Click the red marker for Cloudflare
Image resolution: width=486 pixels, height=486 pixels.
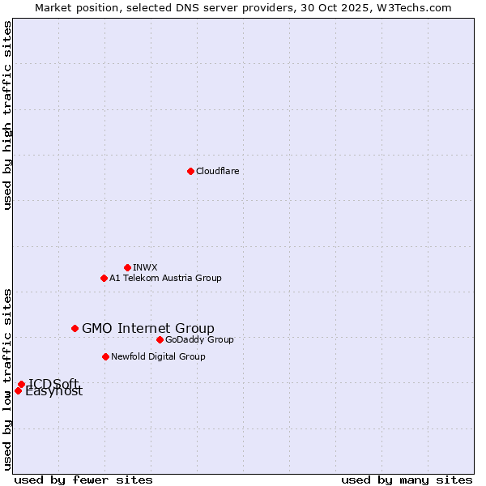[190, 171]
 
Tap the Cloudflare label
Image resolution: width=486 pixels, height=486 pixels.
[217, 171]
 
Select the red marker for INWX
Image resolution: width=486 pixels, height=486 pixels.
[127, 267]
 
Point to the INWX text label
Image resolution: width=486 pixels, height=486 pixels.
[145, 267]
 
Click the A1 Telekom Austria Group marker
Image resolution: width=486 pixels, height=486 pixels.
[104, 278]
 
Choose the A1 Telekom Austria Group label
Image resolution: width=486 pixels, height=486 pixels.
[165, 278]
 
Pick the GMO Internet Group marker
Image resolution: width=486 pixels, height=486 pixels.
[75, 328]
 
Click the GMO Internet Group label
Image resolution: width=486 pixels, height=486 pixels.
[148, 328]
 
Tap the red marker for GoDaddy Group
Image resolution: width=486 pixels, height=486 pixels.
[160, 339]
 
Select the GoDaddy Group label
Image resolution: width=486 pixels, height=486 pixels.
[199, 339]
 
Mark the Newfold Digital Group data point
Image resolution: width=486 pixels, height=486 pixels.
[105, 356]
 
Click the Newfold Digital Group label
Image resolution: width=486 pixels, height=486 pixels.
[158, 356]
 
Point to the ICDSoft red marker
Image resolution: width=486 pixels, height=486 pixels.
[21, 384]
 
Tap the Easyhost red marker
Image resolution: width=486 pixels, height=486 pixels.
[18, 390]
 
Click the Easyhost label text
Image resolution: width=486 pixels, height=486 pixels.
[54, 392]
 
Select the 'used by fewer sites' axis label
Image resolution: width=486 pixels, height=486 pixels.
[83, 480]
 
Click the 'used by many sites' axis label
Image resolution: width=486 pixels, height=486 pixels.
[407, 480]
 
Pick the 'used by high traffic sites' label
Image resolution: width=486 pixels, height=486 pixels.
[7, 115]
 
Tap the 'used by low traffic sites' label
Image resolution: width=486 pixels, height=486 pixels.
[7, 378]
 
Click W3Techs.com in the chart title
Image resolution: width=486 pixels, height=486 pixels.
[417, 7]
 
